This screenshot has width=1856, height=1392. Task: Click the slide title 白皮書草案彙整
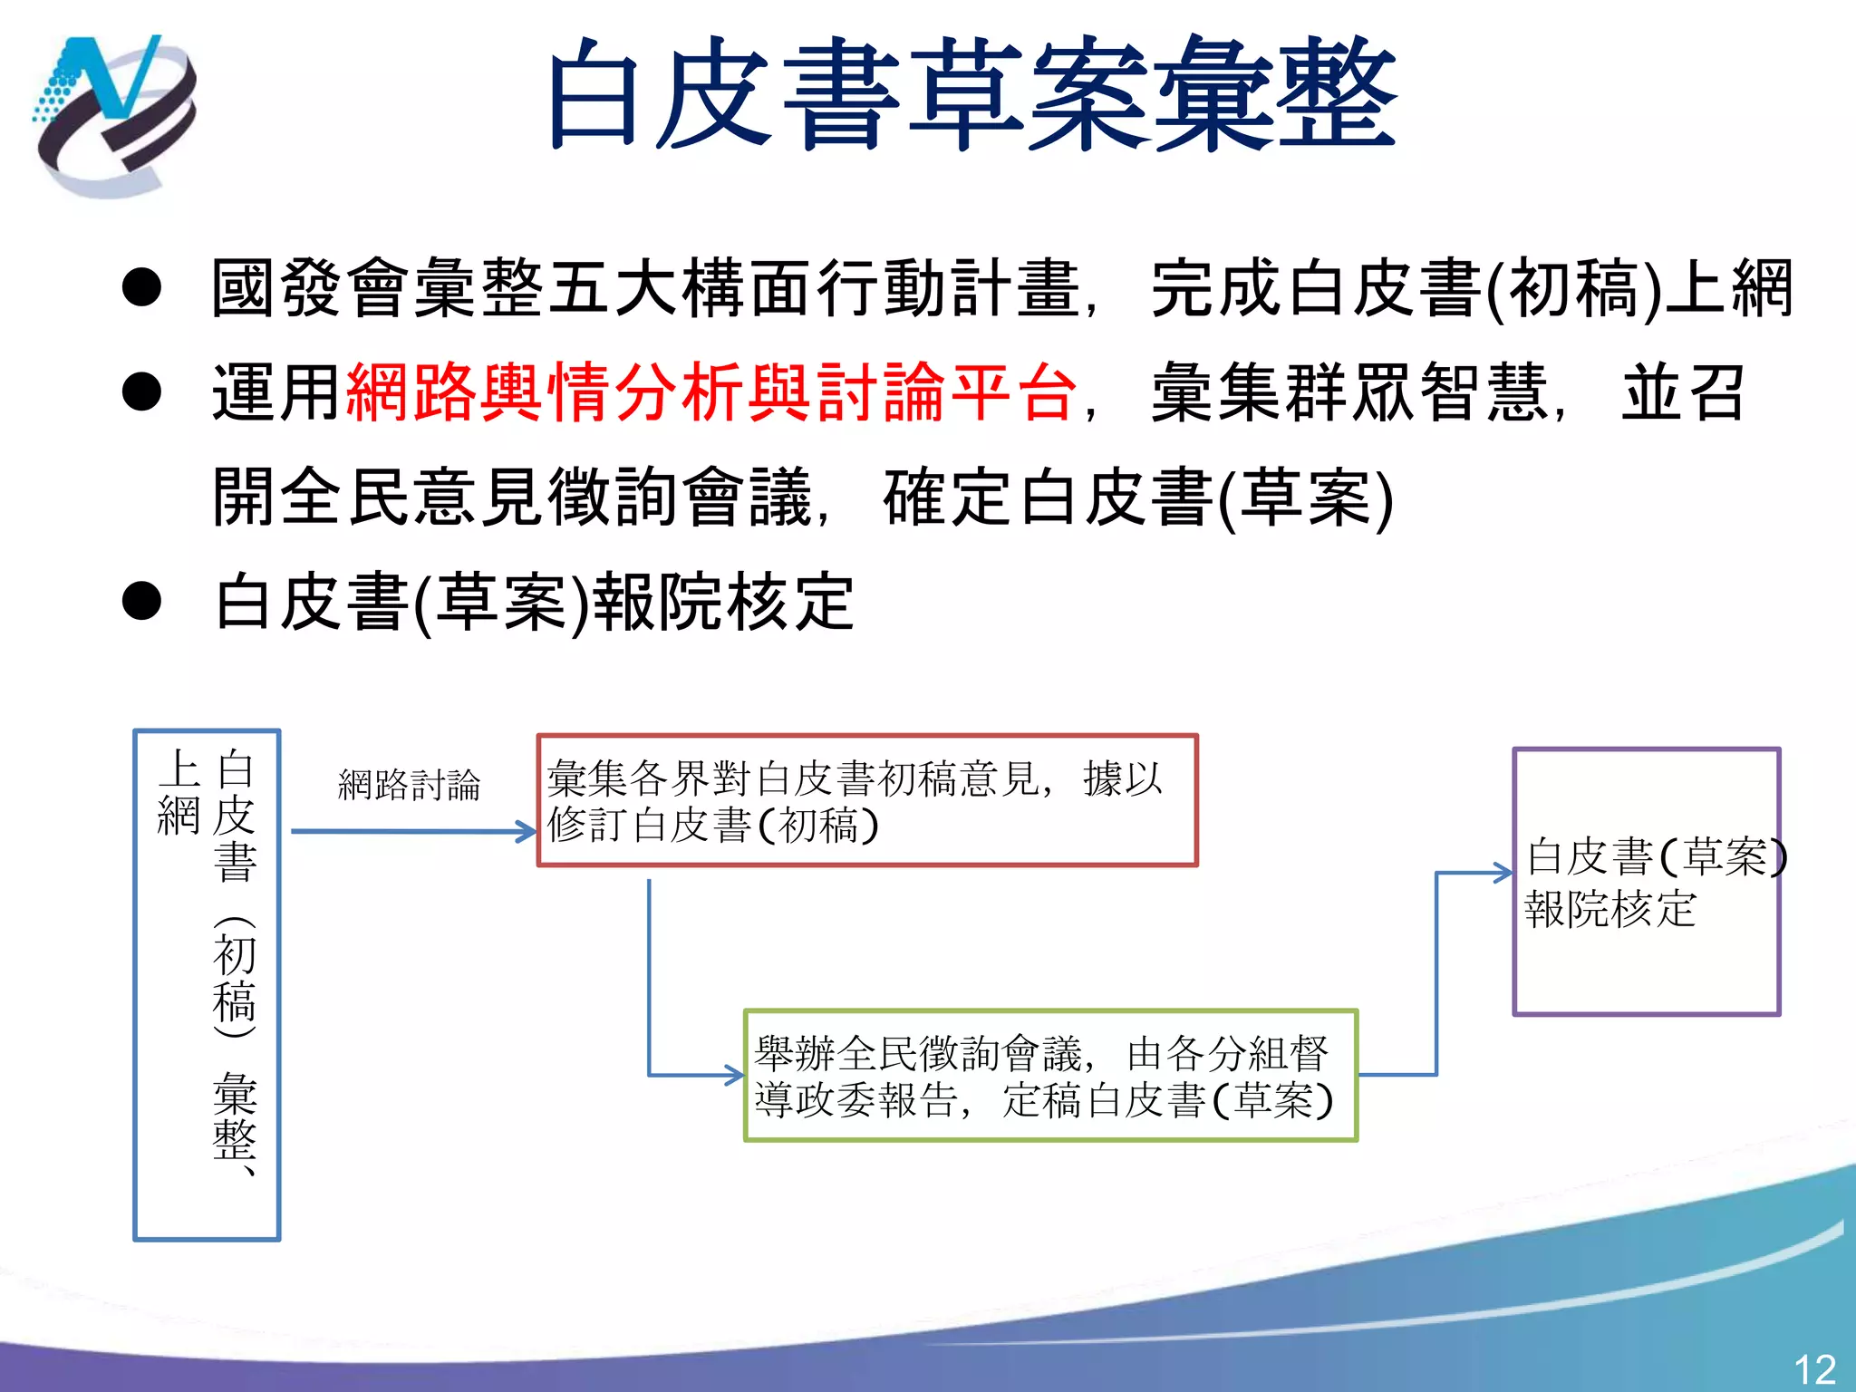point(971,96)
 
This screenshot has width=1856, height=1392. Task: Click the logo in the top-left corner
point(113,116)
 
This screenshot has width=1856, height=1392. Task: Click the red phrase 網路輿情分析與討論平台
point(711,393)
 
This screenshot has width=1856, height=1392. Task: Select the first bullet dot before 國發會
point(141,288)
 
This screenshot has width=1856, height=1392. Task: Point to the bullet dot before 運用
point(141,392)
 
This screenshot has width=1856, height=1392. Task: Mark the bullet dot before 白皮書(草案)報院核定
point(141,602)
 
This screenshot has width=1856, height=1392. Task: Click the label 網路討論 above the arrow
point(410,785)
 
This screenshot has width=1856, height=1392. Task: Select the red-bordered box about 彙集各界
point(867,801)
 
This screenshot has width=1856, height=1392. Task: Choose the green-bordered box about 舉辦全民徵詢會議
point(1050,1076)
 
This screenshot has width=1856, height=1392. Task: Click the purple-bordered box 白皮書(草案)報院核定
point(1647,882)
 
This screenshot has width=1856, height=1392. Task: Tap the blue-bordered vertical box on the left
point(207,985)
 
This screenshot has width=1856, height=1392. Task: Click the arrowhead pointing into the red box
point(528,831)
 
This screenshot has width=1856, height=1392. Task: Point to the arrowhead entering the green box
point(735,1076)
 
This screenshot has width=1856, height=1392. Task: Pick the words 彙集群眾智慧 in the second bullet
point(1350,393)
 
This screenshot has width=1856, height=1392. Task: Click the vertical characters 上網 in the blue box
point(179,791)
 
